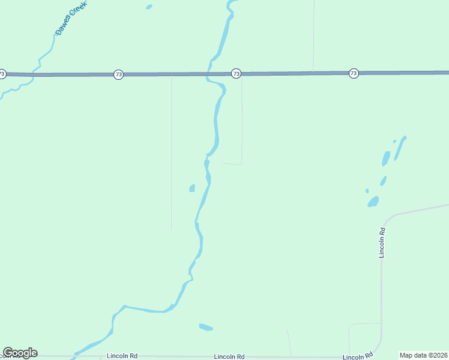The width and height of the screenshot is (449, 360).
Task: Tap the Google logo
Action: [x=20, y=353]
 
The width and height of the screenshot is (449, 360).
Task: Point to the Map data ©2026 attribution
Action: [x=424, y=355]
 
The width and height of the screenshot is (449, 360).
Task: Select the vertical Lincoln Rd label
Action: [x=382, y=242]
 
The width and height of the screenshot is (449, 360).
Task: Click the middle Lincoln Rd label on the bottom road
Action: [x=229, y=356]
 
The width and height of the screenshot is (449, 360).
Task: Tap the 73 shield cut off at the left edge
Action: [x=2, y=74]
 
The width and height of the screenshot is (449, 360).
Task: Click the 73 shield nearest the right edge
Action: [x=354, y=73]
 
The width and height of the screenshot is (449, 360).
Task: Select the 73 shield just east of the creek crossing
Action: [x=236, y=73]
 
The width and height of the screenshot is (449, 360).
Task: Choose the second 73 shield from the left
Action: [x=118, y=74]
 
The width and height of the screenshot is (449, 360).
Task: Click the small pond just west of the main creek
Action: [x=192, y=188]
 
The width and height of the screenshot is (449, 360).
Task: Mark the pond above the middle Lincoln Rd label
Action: [x=206, y=327]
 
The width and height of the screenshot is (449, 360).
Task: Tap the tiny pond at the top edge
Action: [x=149, y=7]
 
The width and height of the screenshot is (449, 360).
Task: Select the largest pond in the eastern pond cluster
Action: [x=373, y=202]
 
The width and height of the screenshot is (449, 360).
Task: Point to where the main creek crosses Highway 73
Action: [x=209, y=74]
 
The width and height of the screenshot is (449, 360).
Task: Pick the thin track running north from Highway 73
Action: [x=313, y=36]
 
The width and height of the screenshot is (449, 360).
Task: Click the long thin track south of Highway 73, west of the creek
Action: [x=172, y=150]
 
